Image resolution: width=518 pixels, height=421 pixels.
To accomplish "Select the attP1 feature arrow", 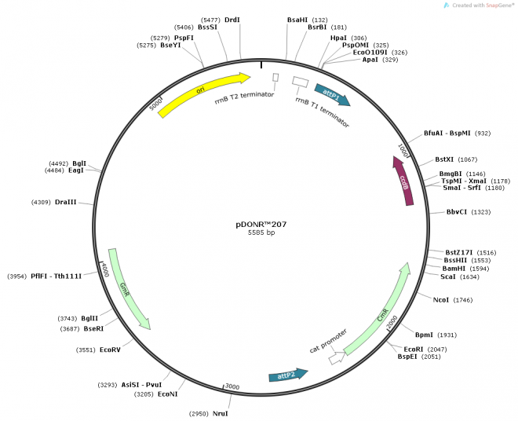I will coord(331,95).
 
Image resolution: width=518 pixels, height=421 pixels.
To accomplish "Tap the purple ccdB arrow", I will coord(403,181).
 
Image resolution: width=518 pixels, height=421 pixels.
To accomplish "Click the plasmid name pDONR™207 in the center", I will coord(261,223).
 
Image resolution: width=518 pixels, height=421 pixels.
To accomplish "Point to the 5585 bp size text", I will coord(261,232).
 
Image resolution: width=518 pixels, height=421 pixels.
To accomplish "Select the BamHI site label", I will coord(454,268).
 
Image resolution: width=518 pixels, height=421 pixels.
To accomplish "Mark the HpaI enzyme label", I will coord(338,38).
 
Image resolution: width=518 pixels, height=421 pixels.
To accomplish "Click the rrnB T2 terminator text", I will coord(244,101).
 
